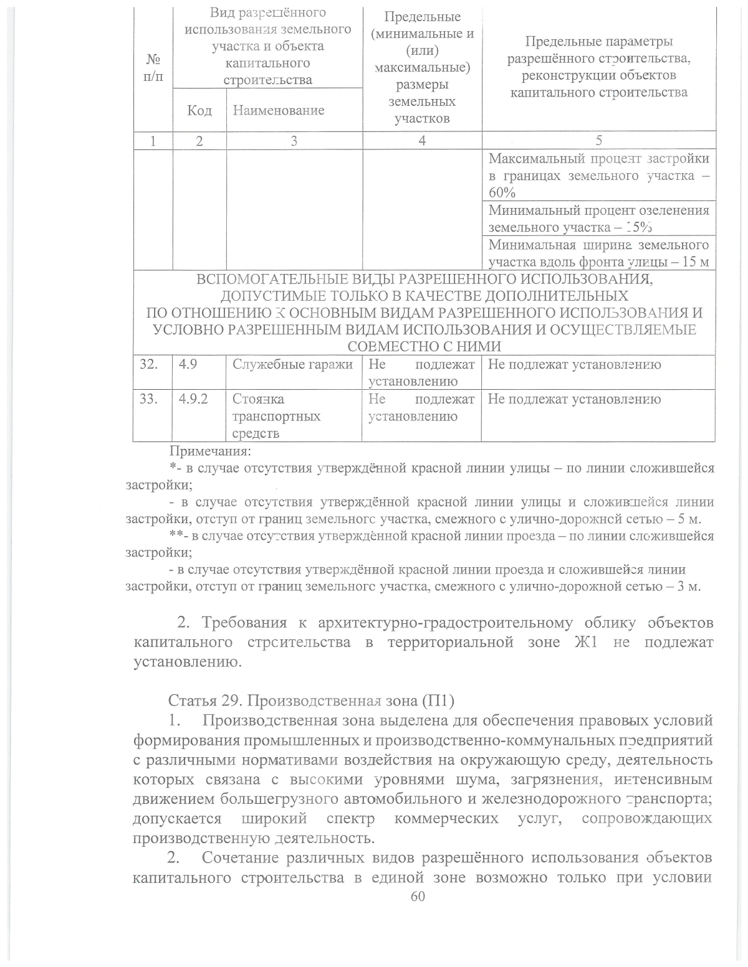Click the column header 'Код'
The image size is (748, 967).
199,111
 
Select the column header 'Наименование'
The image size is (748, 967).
278,111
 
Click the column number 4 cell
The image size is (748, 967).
422,141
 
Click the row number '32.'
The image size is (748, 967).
148,365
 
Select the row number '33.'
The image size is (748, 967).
148,400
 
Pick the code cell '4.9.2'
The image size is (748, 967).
193,400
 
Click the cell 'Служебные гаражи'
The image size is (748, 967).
292,365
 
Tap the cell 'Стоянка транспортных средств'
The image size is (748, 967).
276,417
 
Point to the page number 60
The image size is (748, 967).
418,896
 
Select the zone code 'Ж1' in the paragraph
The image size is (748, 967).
585,642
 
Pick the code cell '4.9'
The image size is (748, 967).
188,365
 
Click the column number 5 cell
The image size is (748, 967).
598,141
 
